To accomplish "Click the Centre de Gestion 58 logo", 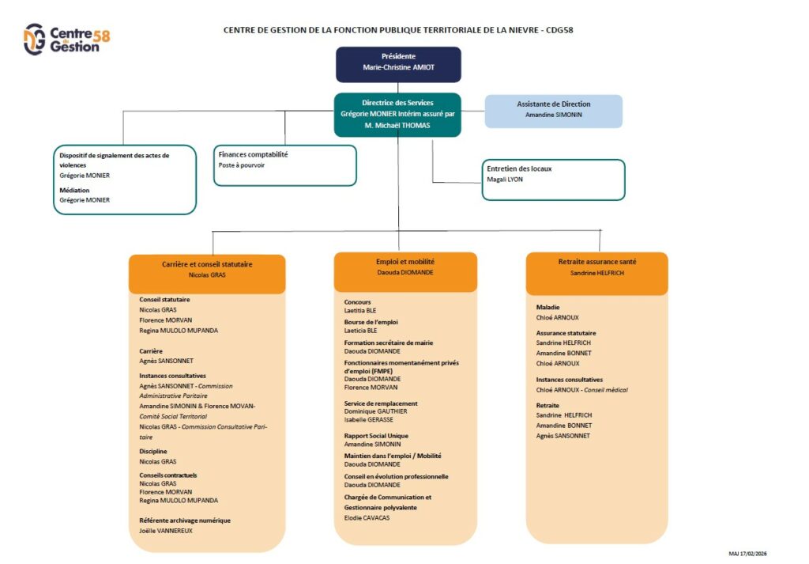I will coord(67,39).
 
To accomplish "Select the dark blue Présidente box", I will coord(398,64).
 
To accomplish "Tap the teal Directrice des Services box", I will coord(397,114).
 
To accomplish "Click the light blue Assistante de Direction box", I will coord(553,110).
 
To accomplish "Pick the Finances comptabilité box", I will coord(285,165).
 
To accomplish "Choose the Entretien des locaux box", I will coord(553,180).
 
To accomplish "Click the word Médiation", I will coord(74,191).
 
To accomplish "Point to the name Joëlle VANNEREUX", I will coord(166,531).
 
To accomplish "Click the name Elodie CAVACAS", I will coord(367,518).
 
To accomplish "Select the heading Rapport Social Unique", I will coord(376,436).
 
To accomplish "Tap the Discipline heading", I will coord(153,452).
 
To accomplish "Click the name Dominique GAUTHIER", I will coord(375,411).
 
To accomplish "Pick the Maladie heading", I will coord(547,307).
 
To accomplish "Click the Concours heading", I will coord(357,302).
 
